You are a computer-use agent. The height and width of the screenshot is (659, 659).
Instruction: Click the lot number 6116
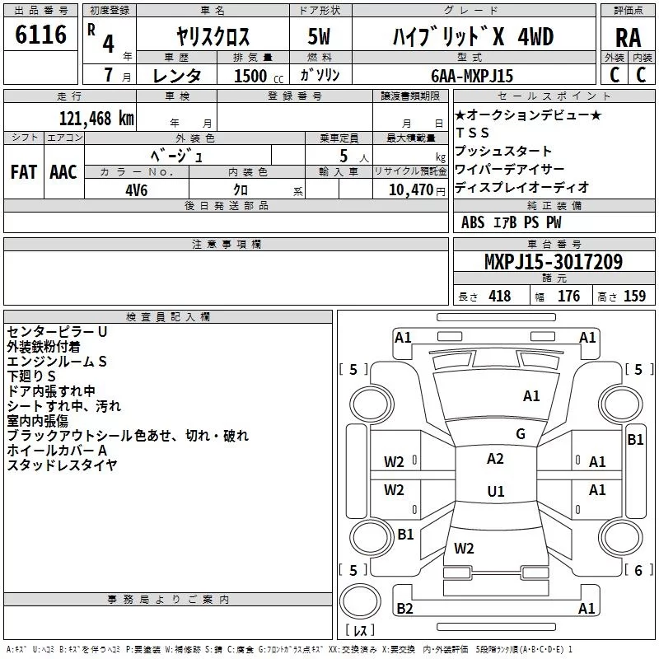[40, 35]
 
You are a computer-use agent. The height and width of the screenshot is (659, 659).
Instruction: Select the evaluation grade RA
[628, 38]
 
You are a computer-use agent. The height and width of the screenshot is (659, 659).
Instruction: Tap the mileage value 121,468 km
[96, 119]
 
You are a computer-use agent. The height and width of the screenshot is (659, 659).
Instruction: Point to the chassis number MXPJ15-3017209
[554, 261]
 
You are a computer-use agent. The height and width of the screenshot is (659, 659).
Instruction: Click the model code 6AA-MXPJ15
[472, 76]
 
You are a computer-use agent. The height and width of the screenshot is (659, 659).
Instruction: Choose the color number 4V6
[137, 190]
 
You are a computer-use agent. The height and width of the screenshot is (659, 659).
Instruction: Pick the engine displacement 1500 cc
[259, 76]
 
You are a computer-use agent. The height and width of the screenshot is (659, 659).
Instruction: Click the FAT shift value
[24, 172]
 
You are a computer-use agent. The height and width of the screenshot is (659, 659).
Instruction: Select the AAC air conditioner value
[63, 172]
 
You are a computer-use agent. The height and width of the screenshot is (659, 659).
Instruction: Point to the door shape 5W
[319, 36]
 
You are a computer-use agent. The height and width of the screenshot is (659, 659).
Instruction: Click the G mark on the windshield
[521, 434]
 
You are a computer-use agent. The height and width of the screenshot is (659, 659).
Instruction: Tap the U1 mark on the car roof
[496, 491]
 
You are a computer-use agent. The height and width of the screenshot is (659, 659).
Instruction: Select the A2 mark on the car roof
[495, 459]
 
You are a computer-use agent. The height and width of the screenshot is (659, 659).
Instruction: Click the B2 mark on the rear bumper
[404, 608]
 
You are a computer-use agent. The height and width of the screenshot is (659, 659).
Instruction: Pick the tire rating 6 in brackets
[638, 570]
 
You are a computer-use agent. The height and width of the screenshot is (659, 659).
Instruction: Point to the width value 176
[568, 296]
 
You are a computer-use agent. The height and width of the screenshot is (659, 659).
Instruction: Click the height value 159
[634, 296]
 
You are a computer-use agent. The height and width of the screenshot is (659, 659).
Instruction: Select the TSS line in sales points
[472, 133]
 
